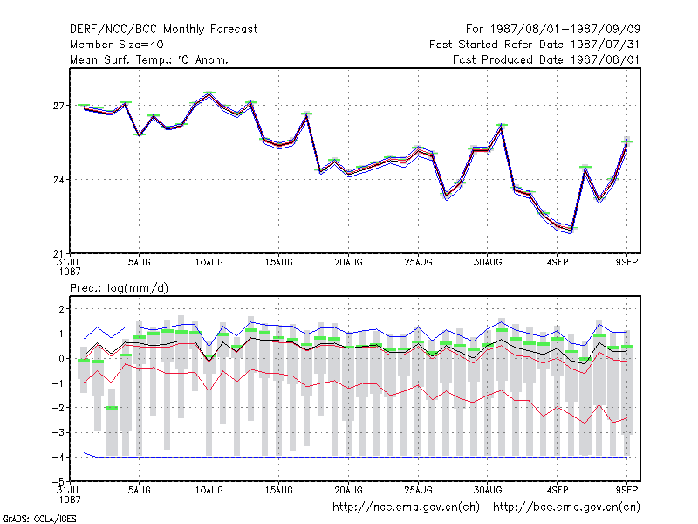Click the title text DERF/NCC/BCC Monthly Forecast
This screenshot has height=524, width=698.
(163, 30)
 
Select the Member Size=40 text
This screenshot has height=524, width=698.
(117, 45)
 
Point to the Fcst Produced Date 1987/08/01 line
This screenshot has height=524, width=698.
(546, 59)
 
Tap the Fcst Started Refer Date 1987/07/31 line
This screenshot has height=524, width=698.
(535, 45)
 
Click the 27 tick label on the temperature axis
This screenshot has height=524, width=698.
(58, 106)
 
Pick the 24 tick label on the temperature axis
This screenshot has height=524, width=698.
(58, 180)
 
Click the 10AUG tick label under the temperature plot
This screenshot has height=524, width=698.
(209, 263)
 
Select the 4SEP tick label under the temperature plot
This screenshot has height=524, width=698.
(558, 263)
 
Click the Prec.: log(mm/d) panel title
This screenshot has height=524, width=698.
(119, 288)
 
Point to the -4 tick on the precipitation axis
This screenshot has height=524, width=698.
(58, 458)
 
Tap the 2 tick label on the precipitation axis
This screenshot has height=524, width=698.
(61, 309)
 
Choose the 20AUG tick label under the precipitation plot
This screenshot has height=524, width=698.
(348, 490)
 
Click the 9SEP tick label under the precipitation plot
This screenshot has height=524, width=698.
(626, 490)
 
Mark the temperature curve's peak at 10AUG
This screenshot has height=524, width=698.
(209, 93)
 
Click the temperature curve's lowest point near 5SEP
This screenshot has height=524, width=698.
(571, 230)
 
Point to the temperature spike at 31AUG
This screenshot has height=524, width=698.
(501, 126)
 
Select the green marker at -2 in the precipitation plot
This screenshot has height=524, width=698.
(112, 408)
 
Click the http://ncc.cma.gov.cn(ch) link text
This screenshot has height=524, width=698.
(406, 507)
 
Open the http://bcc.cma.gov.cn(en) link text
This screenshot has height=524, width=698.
(566, 507)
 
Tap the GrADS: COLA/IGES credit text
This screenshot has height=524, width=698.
(40, 519)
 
